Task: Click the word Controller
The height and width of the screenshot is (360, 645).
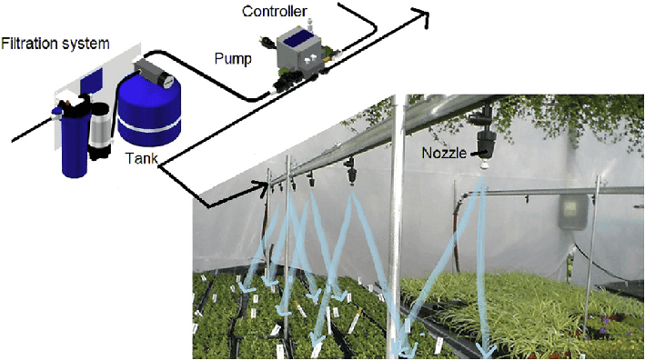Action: point(274,11)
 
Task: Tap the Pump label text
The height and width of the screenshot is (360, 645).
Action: point(233,58)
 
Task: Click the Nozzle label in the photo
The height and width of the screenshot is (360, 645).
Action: point(444,152)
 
